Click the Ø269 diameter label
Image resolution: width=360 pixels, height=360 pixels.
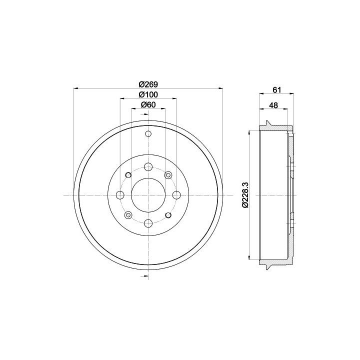[x=148, y=84]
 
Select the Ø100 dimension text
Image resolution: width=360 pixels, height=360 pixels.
[x=148, y=94]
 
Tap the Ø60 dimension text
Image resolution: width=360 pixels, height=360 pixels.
[x=148, y=104]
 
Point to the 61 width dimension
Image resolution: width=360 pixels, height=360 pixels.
[x=276, y=90]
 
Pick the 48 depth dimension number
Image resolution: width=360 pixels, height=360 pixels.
[x=273, y=105]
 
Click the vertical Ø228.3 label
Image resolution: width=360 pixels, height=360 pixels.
[x=245, y=195]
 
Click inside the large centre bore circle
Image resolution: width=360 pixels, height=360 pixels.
[x=148, y=195]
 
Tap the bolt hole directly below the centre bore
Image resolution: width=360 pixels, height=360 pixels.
[x=148, y=223]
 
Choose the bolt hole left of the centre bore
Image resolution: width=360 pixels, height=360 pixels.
[x=120, y=195]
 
